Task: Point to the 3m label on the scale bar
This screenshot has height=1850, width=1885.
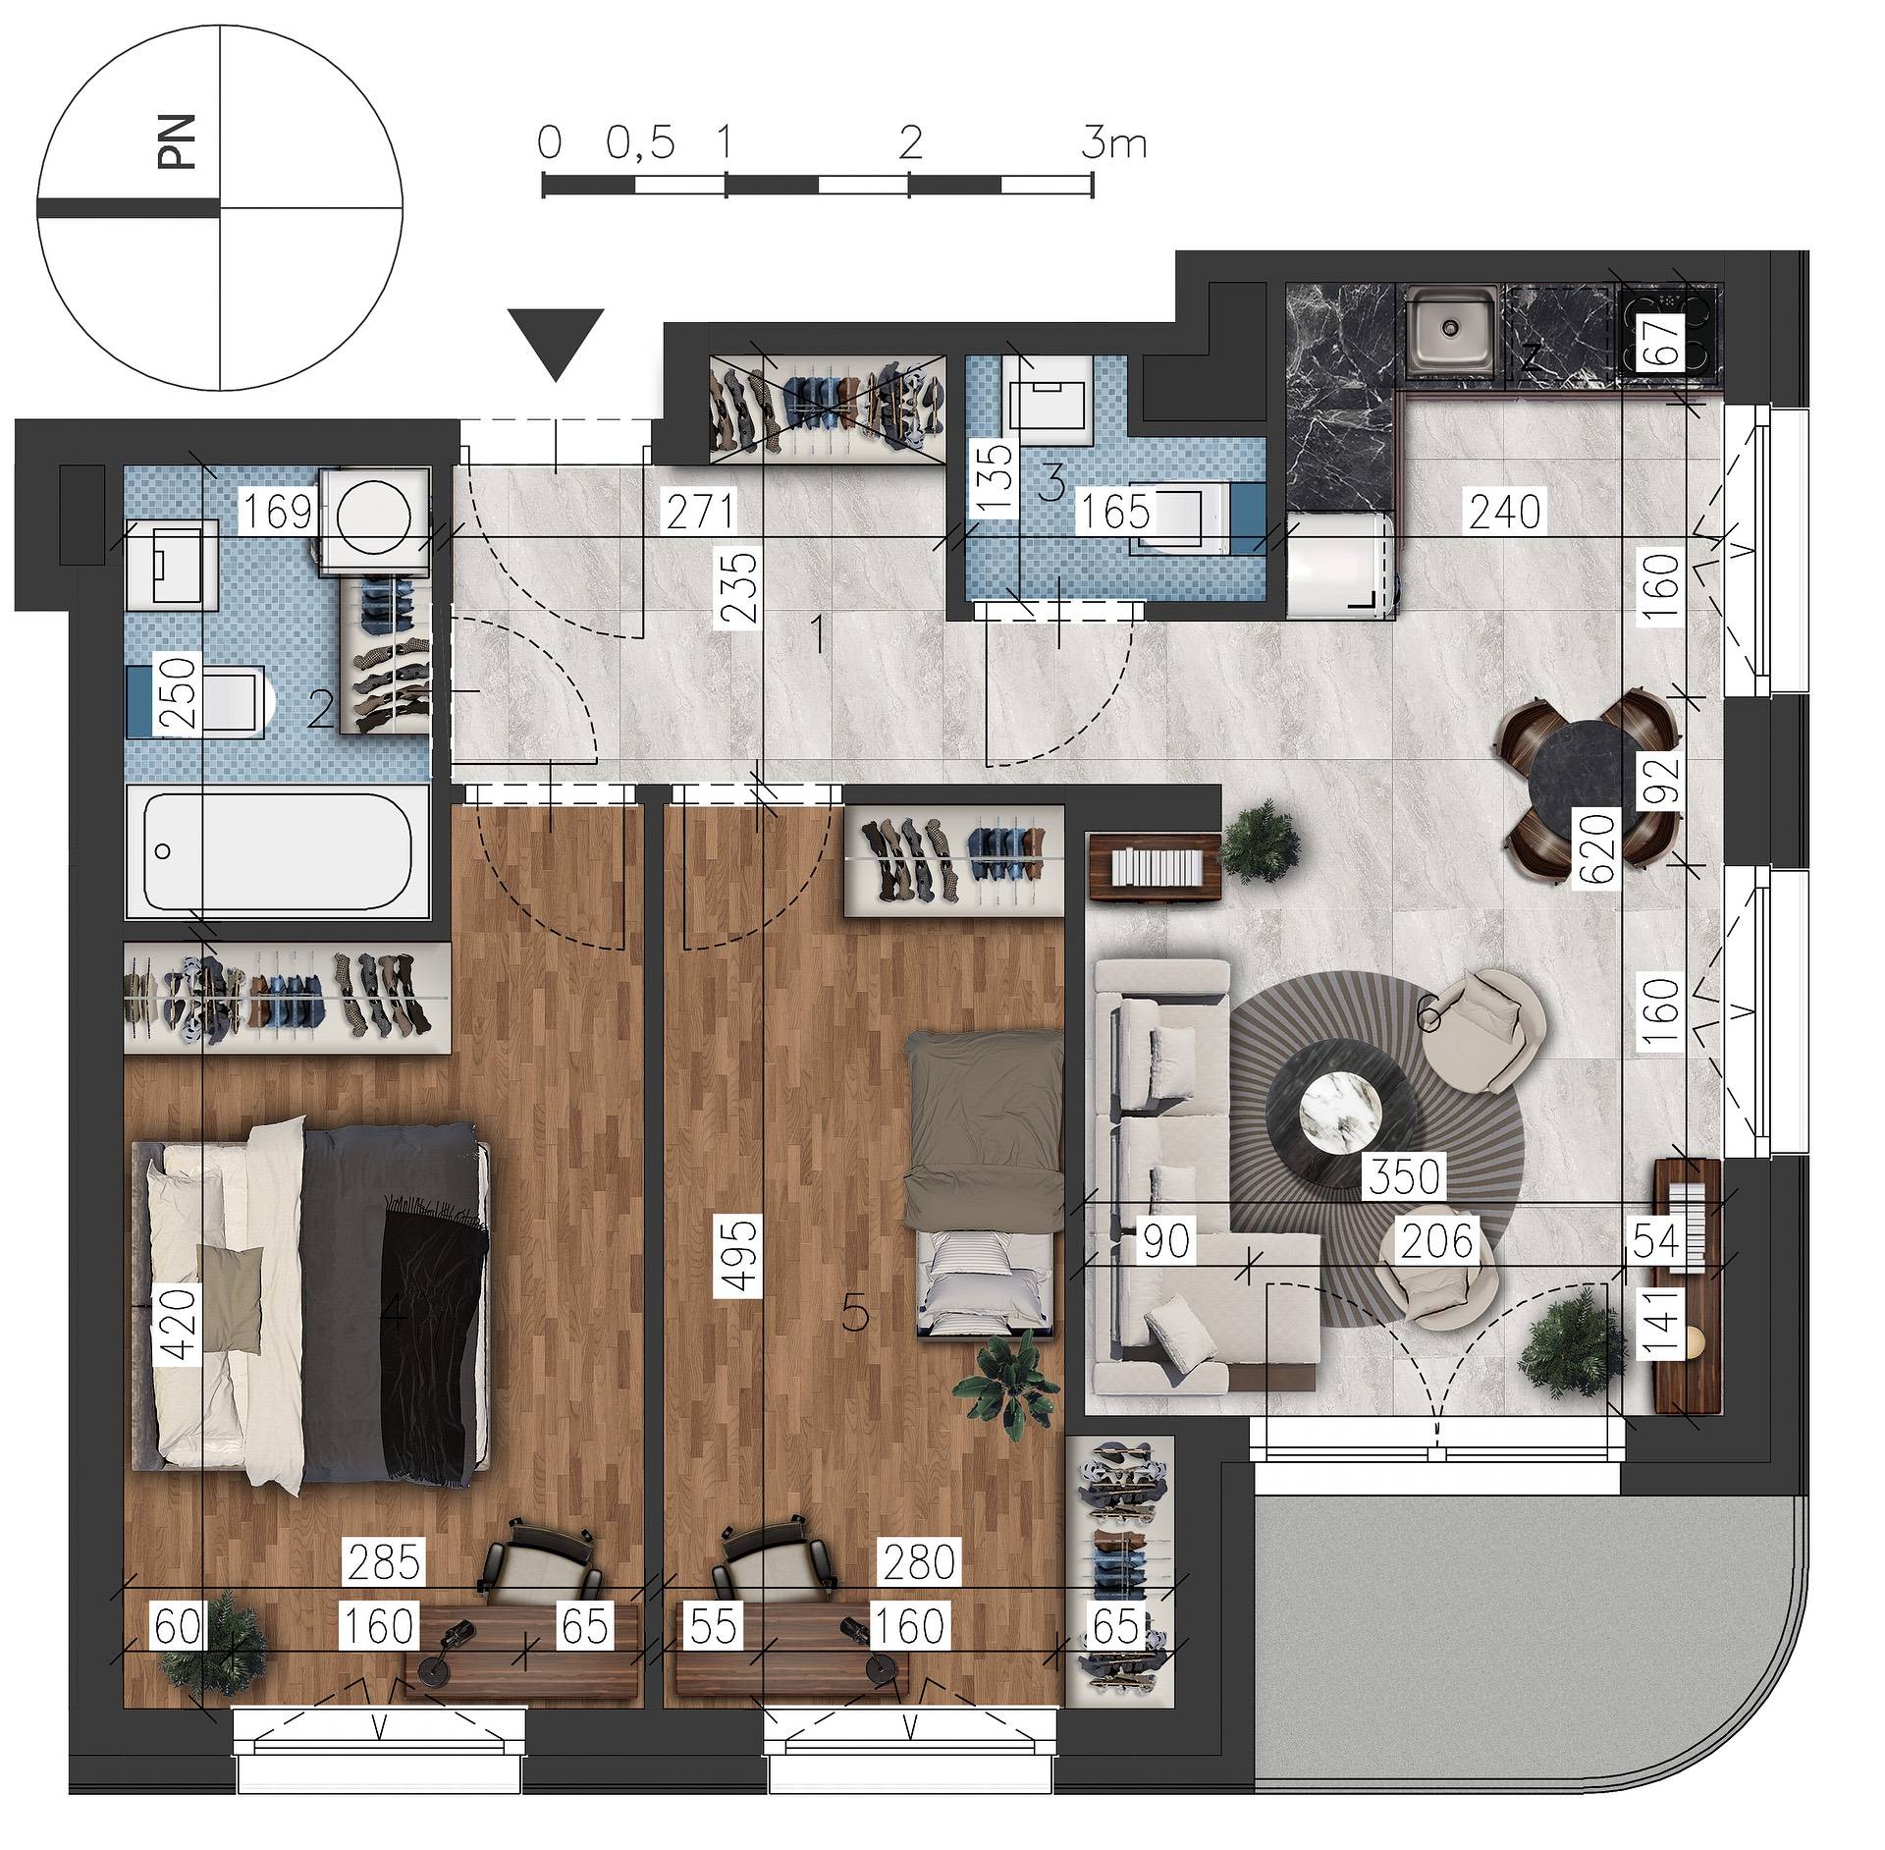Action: (x=1113, y=144)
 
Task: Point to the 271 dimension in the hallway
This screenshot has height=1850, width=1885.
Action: (x=699, y=512)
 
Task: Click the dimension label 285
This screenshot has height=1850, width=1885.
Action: (x=384, y=1561)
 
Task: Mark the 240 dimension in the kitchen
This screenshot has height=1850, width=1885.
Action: (x=1506, y=512)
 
